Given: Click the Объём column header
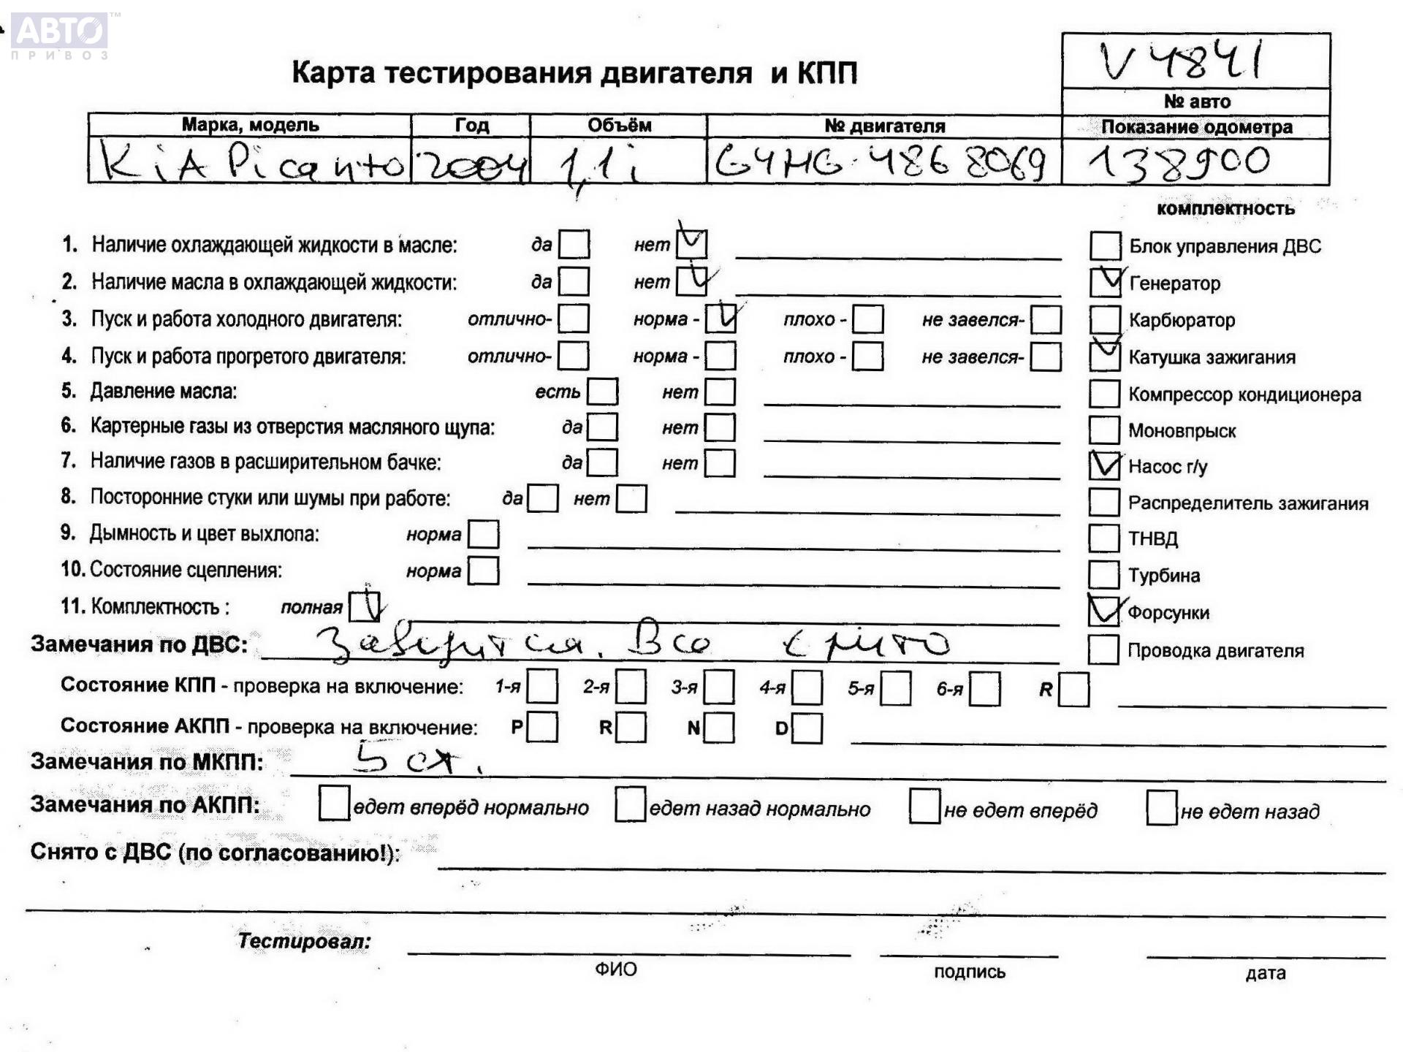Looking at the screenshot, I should click(618, 125).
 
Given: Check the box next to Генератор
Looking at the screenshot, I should click(1104, 283).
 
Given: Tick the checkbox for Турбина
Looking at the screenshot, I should click(1103, 575).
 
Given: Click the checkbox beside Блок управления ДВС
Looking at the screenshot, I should click(1104, 246).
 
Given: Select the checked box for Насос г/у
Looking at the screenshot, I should click(1104, 465).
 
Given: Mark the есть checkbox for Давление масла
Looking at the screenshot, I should click(602, 392).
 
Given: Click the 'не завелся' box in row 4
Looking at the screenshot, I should click(1046, 357).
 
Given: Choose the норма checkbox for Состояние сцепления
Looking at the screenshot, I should click(483, 571).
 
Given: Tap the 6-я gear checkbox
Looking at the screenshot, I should click(984, 689).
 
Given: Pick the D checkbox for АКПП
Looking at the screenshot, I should click(807, 728).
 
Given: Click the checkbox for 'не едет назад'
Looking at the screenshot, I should click(1161, 808).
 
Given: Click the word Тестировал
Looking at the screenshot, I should click(304, 941).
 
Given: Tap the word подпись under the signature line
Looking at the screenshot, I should click(969, 972).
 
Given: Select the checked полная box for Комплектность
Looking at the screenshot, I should click(364, 606).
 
